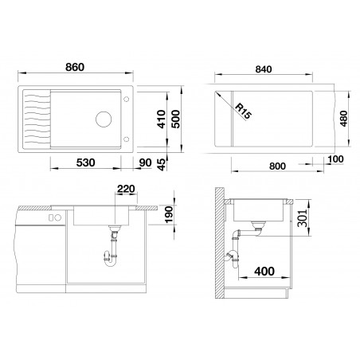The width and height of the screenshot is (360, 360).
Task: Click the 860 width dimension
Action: pyautogui.click(x=75, y=67)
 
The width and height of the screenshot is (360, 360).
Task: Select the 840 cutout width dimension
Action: pyautogui.click(x=264, y=69)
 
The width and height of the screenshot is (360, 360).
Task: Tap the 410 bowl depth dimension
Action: pyautogui.click(x=161, y=119)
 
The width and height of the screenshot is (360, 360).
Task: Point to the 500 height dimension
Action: pyautogui.click(x=175, y=119)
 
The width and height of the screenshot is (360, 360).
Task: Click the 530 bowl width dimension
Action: pyautogui.click(x=85, y=162)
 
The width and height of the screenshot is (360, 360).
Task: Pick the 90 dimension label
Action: pyautogui.click(x=145, y=162)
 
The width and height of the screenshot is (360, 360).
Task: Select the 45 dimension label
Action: pyautogui.click(x=162, y=164)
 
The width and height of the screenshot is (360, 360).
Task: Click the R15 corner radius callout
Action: pyautogui.click(x=243, y=112)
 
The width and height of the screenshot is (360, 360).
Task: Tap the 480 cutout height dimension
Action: pyautogui.click(x=343, y=119)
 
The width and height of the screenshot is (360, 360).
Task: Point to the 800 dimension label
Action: pyautogui.click(x=277, y=166)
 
